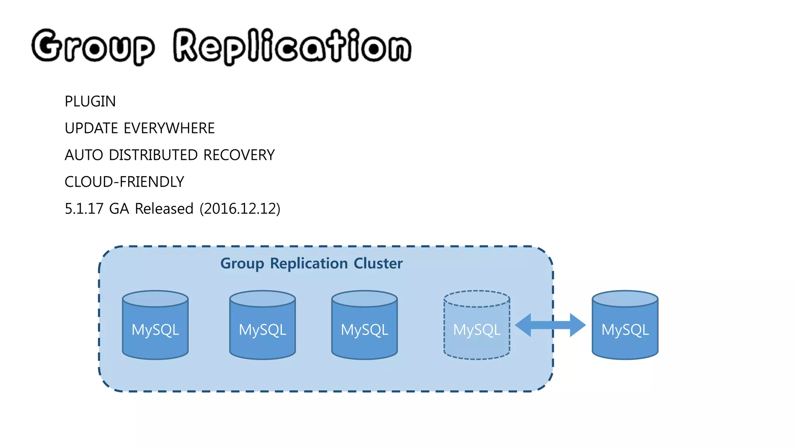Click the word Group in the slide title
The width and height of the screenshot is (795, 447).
(93, 47)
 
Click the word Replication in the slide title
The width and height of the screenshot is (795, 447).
(292, 47)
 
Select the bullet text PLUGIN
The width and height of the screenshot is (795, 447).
(90, 102)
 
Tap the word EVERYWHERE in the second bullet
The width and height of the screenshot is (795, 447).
(169, 128)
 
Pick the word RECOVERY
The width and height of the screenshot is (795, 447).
(239, 155)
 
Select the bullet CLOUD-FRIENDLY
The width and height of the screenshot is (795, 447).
(124, 182)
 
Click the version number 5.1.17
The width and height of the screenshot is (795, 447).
(84, 209)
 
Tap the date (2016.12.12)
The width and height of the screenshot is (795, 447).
(240, 209)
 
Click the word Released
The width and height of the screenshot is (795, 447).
(164, 209)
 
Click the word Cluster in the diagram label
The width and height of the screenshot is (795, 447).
(378, 263)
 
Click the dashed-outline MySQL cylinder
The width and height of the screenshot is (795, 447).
(477, 330)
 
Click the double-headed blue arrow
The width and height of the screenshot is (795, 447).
(550, 325)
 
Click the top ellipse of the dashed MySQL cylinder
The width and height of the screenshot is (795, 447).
(477, 299)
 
